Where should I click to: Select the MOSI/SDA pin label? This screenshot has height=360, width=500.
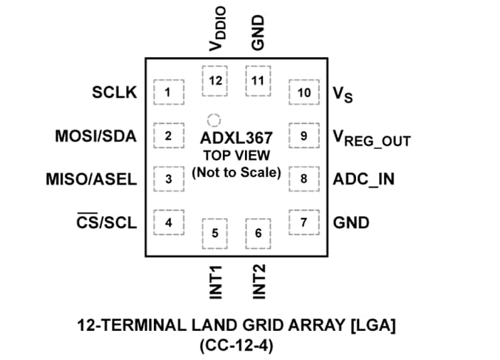[x=95, y=135]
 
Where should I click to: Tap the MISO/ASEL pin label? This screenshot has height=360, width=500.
[x=90, y=179]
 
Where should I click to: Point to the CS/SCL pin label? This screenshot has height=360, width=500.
[x=106, y=222]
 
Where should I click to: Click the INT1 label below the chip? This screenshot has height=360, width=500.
[x=216, y=281]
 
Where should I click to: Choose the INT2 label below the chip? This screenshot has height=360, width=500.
[x=259, y=281]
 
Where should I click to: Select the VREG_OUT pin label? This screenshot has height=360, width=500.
[x=371, y=138]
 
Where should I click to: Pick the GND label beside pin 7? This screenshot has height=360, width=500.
[x=351, y=222]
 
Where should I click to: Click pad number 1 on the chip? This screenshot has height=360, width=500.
[x=169, y=92]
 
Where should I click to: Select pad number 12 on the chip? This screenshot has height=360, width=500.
[x=215, y=81]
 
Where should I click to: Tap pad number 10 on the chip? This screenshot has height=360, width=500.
[x=304, y=93]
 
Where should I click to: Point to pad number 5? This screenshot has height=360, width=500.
[x=215, y=233]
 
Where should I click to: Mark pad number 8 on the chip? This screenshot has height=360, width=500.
[x=304, y=179]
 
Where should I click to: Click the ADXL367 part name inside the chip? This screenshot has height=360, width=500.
[x=236, y=137]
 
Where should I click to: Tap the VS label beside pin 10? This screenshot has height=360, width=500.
[x=343, y=95]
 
